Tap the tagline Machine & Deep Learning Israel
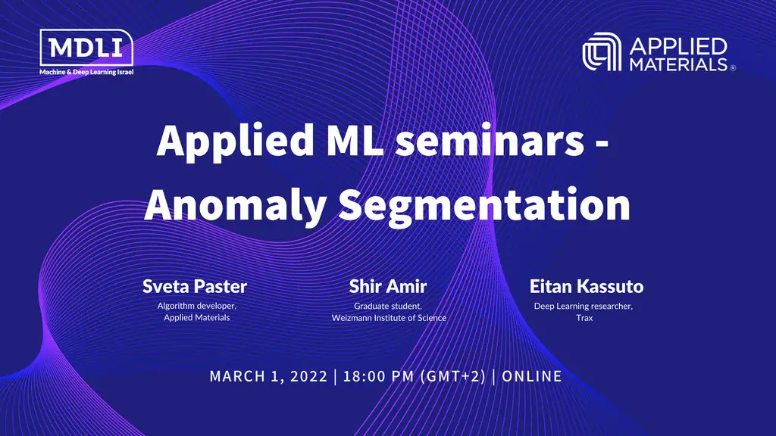tap(86, 72)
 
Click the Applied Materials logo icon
tap(601, 52)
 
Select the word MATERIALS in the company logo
tap(678, 64)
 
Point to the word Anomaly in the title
tap(236, 205)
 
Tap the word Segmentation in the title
tap(484, 205)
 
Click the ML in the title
tap(355, 141)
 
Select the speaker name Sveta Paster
tap(195, 286)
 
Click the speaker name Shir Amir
tap(388, 286)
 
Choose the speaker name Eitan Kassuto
tap(587, 286)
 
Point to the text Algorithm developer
tap(196, 306)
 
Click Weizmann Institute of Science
tap(389, 318)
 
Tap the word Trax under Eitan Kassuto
tap(584, 318)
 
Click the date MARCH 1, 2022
tap(268, 377)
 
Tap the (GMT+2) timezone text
tap(453, 377)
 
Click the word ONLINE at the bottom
tap(532, 377)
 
